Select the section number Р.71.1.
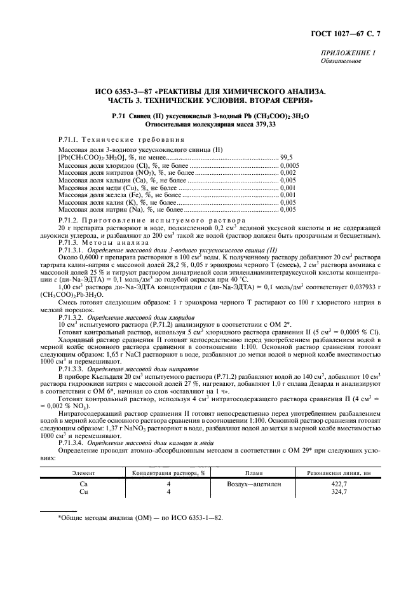pyautogui.click(x=67, y=139)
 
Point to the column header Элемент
pyautogui.click(x=84, y=473)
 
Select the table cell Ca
pyautogui.click(x=83, y=484)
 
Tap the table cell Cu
pyautogui.click(x=83, y=491)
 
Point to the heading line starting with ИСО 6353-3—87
pyautogui.click(x=210, y=92)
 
